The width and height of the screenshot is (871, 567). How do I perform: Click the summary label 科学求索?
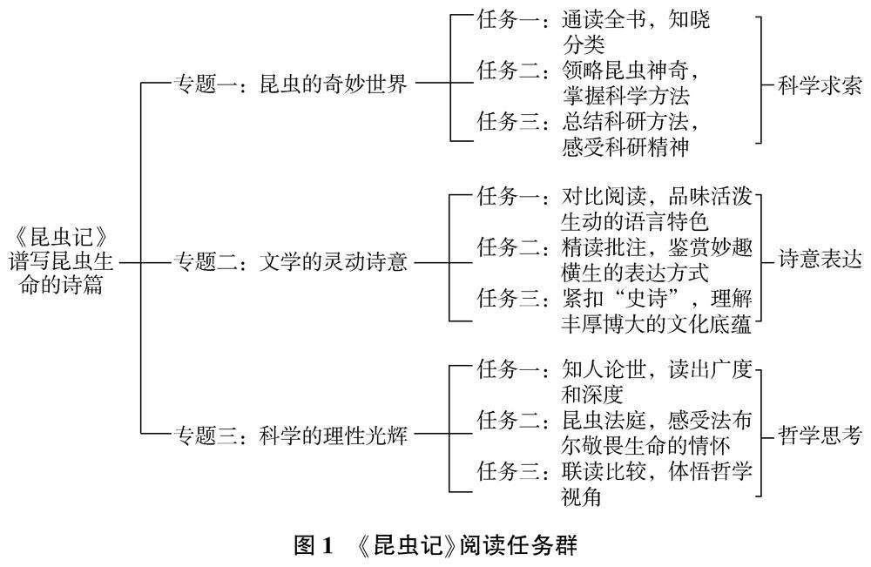820,85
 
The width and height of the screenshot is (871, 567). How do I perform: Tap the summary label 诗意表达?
820,260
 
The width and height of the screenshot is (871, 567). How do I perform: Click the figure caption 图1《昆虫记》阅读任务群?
435,546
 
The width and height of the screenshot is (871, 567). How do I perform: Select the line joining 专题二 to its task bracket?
430,261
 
